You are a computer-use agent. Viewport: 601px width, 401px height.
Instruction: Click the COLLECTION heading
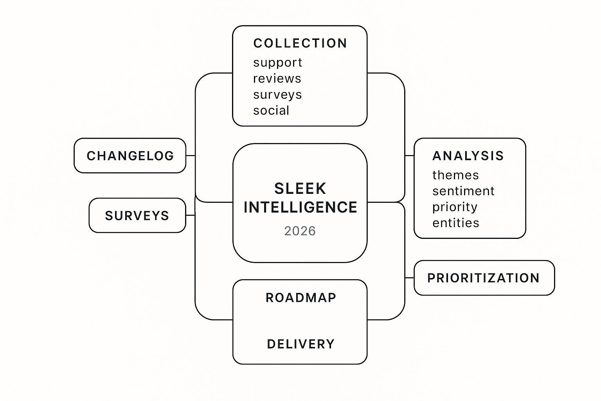pyautogui.click(x=300, y=43)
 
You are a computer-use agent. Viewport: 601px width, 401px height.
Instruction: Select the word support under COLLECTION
pyautogui.click(x=277, y=63)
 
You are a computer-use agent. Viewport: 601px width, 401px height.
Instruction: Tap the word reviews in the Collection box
pyautogui.click(x=277, y=79)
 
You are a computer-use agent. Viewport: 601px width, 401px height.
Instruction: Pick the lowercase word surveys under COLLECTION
pyautogui.click(x=277, y=95)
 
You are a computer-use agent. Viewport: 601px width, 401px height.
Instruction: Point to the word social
pyautogui.click(x=271, y=111)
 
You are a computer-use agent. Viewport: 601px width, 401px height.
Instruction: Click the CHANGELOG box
pyautogui.click(x=130, y=155)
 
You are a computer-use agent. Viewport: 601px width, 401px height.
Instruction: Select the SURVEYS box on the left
pyautogui.click(x=137, y=215)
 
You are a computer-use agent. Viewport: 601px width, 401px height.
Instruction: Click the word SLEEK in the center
pyautogui.click(x=300, y=189)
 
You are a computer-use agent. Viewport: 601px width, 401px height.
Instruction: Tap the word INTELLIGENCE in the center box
pyautogui.click(x=300, y=207)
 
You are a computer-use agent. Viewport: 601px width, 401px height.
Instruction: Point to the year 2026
pyautogui.click(x=300, y=231)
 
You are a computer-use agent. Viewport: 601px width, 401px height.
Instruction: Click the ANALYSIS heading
pyautogui.click(x=468, y=156)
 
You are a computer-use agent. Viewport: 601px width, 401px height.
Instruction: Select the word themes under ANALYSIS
pyautogui.click(x=455, y=175)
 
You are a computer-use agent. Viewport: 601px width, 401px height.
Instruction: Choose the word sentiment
pyautogui.click(x=463, y=191)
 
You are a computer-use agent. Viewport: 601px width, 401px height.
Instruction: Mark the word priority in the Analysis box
pyautogui.click(x=455, y=207)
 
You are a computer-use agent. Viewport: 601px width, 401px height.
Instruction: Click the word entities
pyautogui.click(x=456, y=223)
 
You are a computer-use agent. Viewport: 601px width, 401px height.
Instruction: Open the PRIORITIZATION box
pyautogui.click(x=484, y=278)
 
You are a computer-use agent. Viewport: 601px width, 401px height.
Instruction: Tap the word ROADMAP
pyautogui.click(x=301, y=298)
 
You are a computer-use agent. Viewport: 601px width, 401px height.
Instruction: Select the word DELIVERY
pyautogui.click(x=301, y=344)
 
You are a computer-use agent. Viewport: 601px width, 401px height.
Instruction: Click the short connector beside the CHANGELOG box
pyautogui.click(x=191, y=155)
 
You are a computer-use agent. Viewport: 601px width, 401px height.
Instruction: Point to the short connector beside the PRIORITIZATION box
pyautogui.click(x=409, y=278)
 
